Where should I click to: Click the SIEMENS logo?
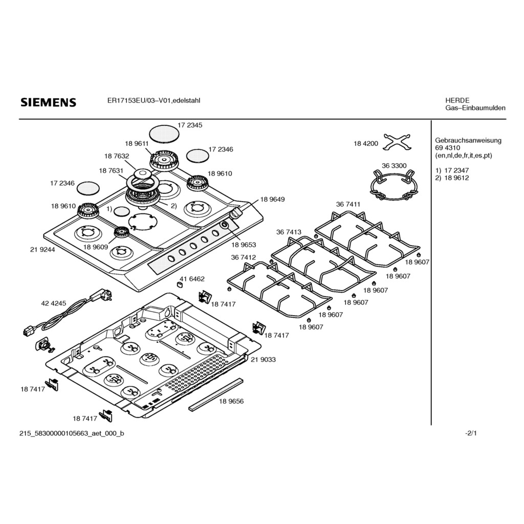click(x=49, y=102)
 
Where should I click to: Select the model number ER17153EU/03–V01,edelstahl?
click(x=154, y=101)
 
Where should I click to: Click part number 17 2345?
click(x=190, y=125)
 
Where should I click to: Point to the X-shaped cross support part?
click(x=398, y=142)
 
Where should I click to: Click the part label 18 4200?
click(x=366, y=144)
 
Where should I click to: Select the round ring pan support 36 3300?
click(x=394, y=185)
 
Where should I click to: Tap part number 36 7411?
click(x=348, y=204)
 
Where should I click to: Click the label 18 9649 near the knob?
click(x=272, y=200)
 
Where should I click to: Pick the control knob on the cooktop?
click(x=236, y=212)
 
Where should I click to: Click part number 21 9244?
click(x=42, y=250)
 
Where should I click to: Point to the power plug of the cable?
click(x=102, y=295)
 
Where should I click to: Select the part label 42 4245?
click(x=53, y=303)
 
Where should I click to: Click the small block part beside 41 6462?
click(x=181, y=284)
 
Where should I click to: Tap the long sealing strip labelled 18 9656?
click(x=216, y=395)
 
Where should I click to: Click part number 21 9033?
click(x=264, y=360)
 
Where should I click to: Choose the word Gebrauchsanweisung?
click(x=468, y=141)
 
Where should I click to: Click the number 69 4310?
click(x=447, y=148)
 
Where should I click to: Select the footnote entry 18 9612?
click(x=456, y=178)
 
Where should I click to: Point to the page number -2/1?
click(x=471, y=433)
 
